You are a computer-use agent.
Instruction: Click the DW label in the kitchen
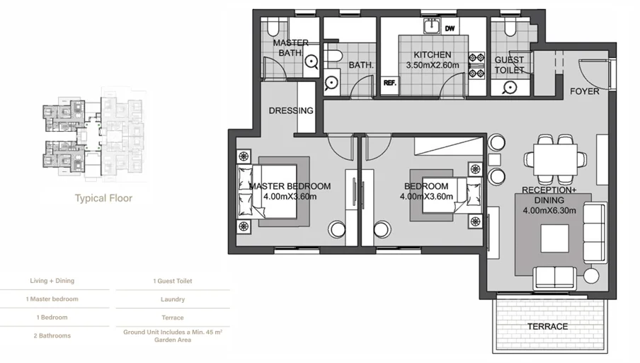(450, 28)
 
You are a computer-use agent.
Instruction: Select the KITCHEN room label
(433, 54)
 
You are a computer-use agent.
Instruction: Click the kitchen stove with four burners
(476, 65)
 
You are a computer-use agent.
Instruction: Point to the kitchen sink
(431, 26)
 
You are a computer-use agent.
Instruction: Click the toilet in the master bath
(273, 28)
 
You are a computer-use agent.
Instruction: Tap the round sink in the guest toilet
(510, 87)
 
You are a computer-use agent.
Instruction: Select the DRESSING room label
(291, 110)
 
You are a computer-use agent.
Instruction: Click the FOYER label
(585, 91)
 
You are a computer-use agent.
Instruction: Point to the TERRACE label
(547, 327)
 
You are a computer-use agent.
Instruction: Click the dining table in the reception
(555, 159)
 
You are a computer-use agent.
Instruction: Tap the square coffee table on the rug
(555, 238)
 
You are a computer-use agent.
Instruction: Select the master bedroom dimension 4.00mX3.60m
(290, 197)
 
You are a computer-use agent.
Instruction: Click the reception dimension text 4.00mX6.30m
(549, 210)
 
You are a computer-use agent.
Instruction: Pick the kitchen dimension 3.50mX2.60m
(433, 65)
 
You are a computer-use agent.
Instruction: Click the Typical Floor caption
(103, 199)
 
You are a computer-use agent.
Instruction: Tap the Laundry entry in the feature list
(173, 299)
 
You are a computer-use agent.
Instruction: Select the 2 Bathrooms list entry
(52, 335)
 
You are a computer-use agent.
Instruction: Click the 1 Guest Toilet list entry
(173, 281)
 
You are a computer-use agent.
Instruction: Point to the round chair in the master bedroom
(338, 230)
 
